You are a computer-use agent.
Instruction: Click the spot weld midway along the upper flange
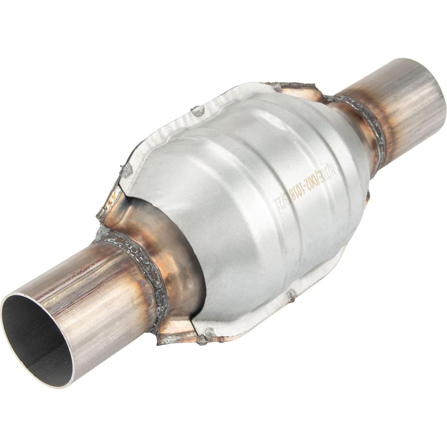point(198,112)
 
